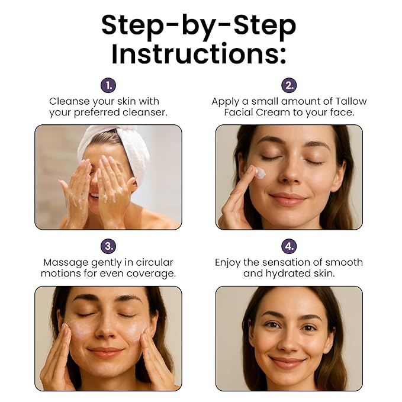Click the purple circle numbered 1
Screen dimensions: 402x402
coord(108,85)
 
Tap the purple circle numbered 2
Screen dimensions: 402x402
coord(289,85)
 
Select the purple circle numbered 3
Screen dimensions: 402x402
coord(108,246)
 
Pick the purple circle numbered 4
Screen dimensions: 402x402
coord(289,246)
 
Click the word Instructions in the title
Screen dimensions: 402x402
coord(199,54)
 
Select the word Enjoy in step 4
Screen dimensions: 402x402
coord(228,263)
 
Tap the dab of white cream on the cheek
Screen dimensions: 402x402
coord(261,173)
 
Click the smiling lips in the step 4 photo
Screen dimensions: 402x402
coord(287,362)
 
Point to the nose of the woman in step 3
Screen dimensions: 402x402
coord(105,331)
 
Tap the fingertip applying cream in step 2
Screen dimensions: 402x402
coord(252,170)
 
